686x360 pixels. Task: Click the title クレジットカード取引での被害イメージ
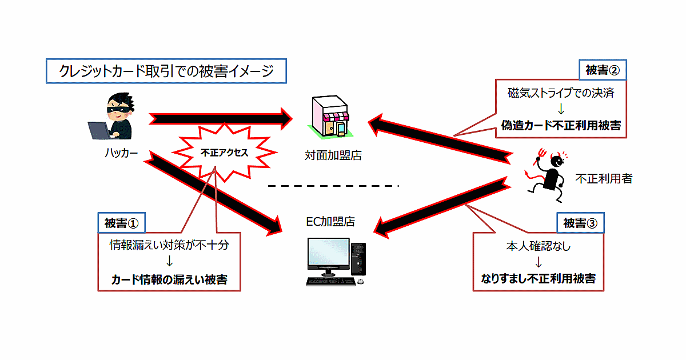coord(166,71)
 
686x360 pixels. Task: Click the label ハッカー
coord(121,153)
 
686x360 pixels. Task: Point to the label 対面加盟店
coord(333,155)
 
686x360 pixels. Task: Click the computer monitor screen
coord(328,255)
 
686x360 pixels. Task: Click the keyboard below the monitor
coord(329,282)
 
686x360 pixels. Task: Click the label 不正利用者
coord(604,179)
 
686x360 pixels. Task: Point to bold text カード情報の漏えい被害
coord(169,280)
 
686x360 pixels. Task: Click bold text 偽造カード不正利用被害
coord(561,125)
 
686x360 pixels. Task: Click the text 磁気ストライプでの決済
coord(561,93)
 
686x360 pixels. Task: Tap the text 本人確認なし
coord(539,247)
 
